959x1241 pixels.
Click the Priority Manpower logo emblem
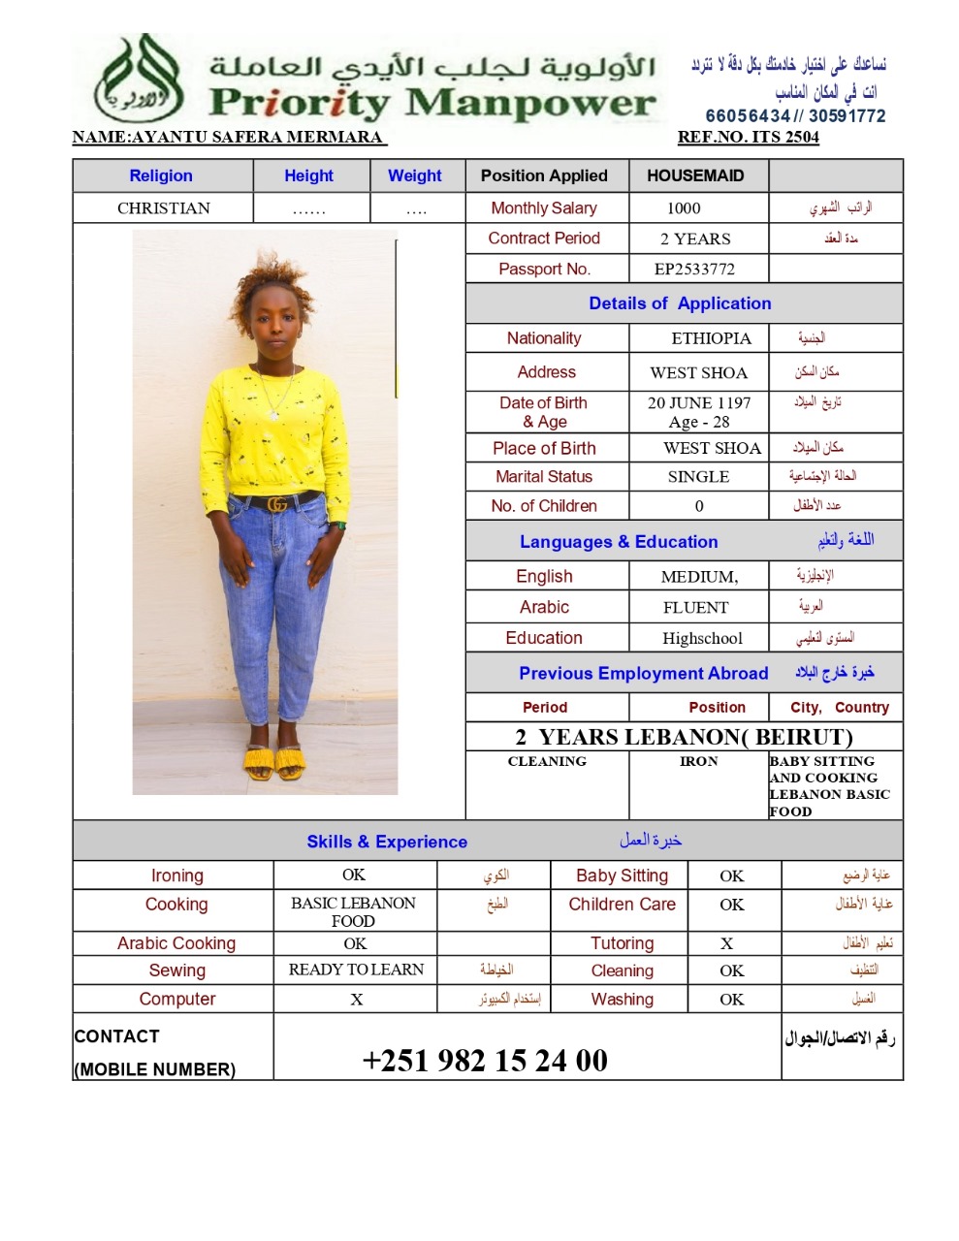click(138, 80)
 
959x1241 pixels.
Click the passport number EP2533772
click(694, 269)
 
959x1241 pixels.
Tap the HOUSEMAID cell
click(695, 175)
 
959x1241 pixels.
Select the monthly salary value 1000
click(684, 207)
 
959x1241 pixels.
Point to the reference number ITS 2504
click(748, 137)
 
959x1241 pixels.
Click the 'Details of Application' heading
click(680, 303)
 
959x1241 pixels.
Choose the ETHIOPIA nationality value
click(711, 338)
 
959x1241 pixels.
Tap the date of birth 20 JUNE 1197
click(699, 402)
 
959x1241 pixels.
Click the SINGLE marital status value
click(698, 477)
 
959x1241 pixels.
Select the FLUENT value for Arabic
click(695, 608)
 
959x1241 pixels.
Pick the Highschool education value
click(702, 638)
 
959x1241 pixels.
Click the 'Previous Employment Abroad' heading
click(643, 673)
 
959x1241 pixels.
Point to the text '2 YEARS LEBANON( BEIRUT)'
click(684, 737)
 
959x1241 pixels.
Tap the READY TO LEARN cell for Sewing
click(356, 970)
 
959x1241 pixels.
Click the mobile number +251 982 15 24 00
click(485, 1061)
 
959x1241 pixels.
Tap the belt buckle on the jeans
click(277, 504)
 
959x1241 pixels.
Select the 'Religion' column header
click(161, 175)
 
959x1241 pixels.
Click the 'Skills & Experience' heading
click(387, 842)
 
